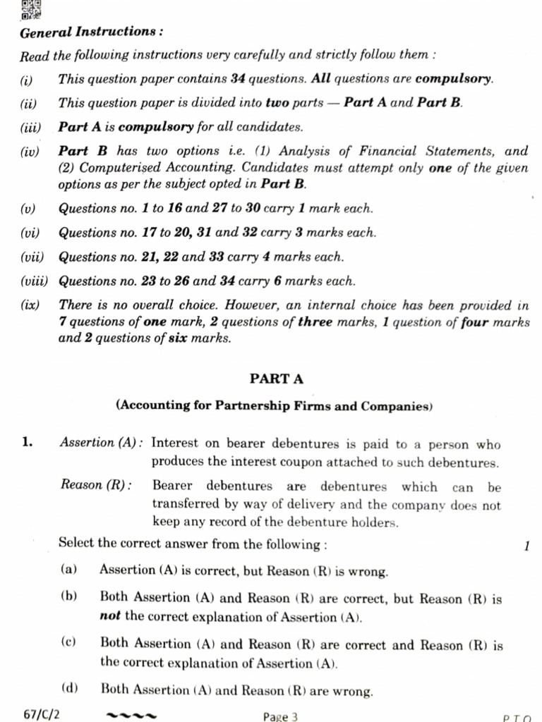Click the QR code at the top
31,9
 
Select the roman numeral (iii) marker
31,128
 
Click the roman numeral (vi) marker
30,233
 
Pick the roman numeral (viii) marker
34,281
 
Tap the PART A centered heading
276,379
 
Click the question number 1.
27,443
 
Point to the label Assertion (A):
102,443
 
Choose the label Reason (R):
95,487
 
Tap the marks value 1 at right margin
526,545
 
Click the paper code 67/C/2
42,714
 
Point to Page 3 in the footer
280,716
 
